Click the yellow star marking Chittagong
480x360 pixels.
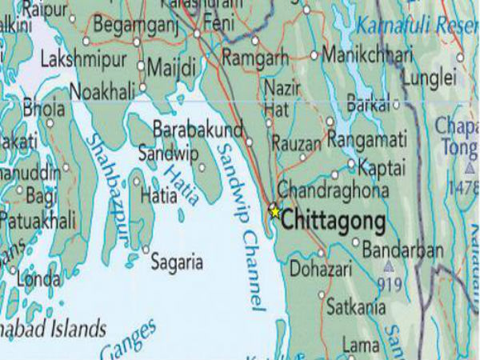(x=274, y=212)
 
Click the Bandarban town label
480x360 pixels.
(x=402, y=250)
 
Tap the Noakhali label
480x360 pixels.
(x=102, y=91)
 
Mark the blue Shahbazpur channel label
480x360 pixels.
(x=107, y=184)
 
